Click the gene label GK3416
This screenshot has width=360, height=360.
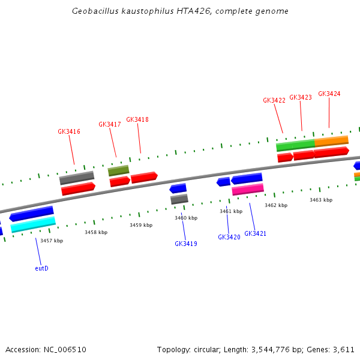69,131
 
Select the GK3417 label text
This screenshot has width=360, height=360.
110,124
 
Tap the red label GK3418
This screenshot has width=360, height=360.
137,119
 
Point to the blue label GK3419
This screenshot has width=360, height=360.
186,244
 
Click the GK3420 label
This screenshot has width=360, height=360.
229,237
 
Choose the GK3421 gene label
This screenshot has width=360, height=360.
255,233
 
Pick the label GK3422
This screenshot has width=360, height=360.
274,100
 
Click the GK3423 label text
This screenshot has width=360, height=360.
301,97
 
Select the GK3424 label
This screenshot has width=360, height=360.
329,94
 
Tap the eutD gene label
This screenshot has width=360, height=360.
41,268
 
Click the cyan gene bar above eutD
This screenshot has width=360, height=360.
33,224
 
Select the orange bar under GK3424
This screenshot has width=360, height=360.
331,141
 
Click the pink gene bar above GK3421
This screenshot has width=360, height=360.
248,190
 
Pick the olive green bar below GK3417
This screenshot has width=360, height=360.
118,171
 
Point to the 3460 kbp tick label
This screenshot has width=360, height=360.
186,218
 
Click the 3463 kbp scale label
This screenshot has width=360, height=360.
321,200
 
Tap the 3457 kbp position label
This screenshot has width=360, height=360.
52,241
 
